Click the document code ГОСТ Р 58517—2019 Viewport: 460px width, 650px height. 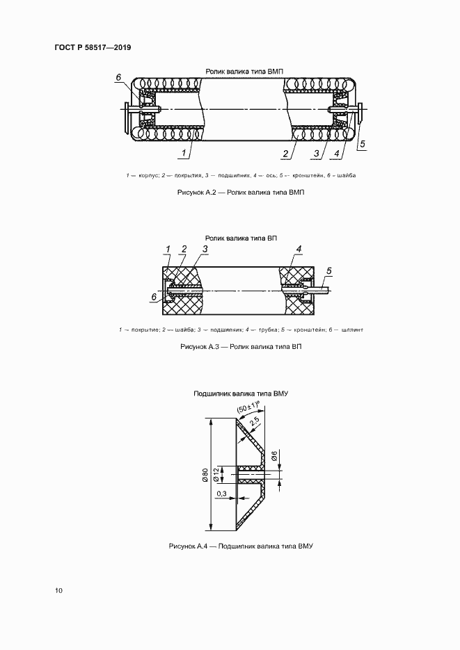click(93, 47)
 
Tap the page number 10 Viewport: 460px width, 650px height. click(59, 591)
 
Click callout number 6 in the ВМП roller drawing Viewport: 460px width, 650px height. click(119, 77)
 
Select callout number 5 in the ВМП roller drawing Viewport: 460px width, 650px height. click(362, 145)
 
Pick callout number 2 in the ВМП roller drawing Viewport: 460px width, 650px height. click(285, 152)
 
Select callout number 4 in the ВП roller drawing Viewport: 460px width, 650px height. click(299, 249)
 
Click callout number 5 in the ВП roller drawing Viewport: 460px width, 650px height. click(329, 270)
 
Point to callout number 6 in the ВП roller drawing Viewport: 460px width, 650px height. click(154, 297)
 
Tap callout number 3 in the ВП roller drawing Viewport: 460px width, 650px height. click(205, 249)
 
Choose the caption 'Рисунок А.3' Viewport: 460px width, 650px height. click(240, 346)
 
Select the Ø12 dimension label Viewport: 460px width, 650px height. click(216, 475)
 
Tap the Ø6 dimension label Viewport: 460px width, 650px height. click(274, 457)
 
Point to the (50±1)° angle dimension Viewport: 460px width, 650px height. click(248, 408)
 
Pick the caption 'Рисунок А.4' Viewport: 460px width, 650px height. click(241, 546)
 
